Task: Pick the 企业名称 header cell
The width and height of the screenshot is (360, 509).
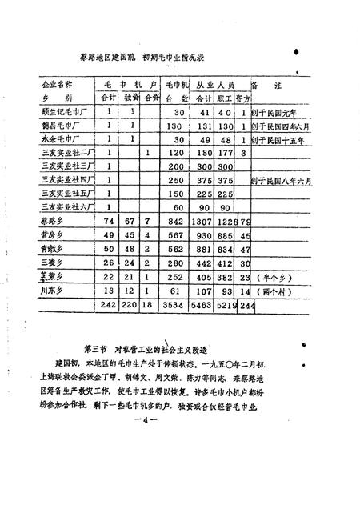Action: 58,83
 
